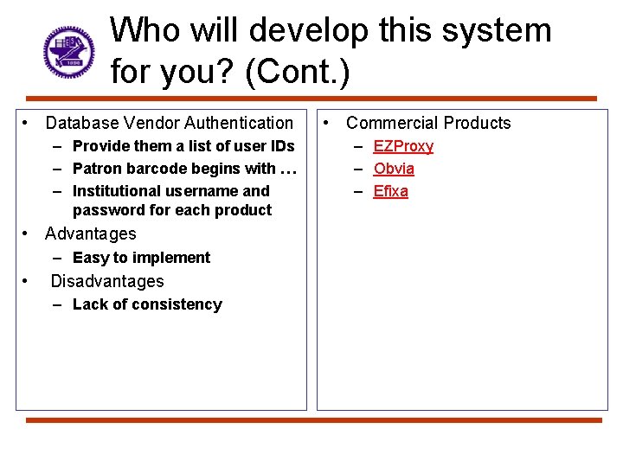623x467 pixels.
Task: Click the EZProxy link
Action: [x=403, y=146]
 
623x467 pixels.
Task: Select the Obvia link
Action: [x=394, y=169]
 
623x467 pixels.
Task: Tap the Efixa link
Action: [x=390, y=191]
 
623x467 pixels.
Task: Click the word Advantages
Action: [x=91, y=233]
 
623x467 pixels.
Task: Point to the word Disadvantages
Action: [x=107, y=281]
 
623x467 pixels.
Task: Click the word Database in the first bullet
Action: [x=80, y=124]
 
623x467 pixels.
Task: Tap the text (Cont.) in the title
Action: [x=298, y=73]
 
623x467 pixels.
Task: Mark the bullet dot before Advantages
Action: [x=28, y=233]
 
